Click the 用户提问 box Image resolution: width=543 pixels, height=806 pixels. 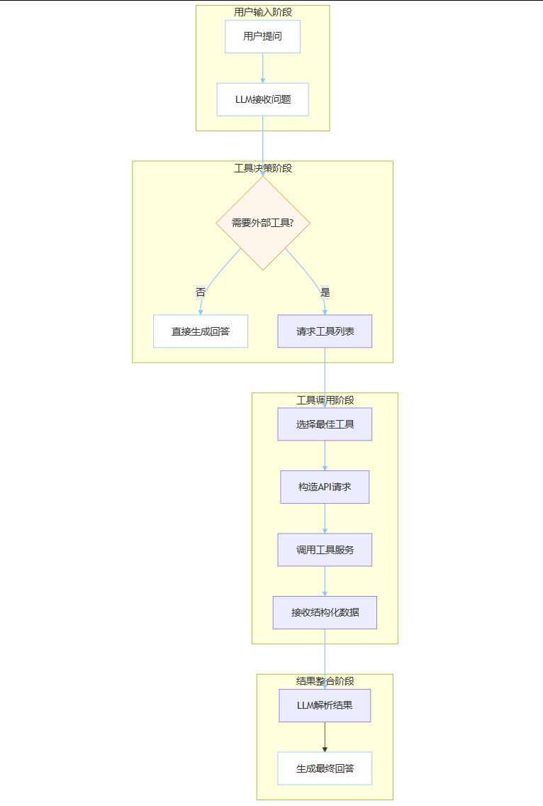point(262,37)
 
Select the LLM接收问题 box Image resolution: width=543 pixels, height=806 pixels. point(262,99)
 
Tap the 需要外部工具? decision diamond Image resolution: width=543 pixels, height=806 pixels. point(262,223)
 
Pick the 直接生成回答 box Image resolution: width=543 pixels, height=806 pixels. point(201,331)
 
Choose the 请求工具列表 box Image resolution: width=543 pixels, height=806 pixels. point(325,331)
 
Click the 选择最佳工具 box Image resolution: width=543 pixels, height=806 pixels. point(325,424)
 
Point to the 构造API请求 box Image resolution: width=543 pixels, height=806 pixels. point(325,487)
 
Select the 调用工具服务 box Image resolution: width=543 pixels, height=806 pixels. point(325,550)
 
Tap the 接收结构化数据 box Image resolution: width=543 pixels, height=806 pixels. point(325,612)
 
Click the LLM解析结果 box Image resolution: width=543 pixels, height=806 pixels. point(325,706)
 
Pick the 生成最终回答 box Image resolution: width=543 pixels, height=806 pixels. point(325,768)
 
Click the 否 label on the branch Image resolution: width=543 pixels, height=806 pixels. point(201,292)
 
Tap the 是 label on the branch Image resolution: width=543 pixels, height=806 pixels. point(325,292)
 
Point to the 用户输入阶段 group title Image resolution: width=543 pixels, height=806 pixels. point(262,12)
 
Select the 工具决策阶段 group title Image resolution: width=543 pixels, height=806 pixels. point(262,168)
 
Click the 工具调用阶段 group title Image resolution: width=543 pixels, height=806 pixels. point(325,400)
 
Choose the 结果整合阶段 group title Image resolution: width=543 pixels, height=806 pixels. point(325,681)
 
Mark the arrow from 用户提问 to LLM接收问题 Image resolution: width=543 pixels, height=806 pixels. point(262,68)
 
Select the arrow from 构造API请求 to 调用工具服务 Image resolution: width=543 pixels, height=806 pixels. point(325,519)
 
